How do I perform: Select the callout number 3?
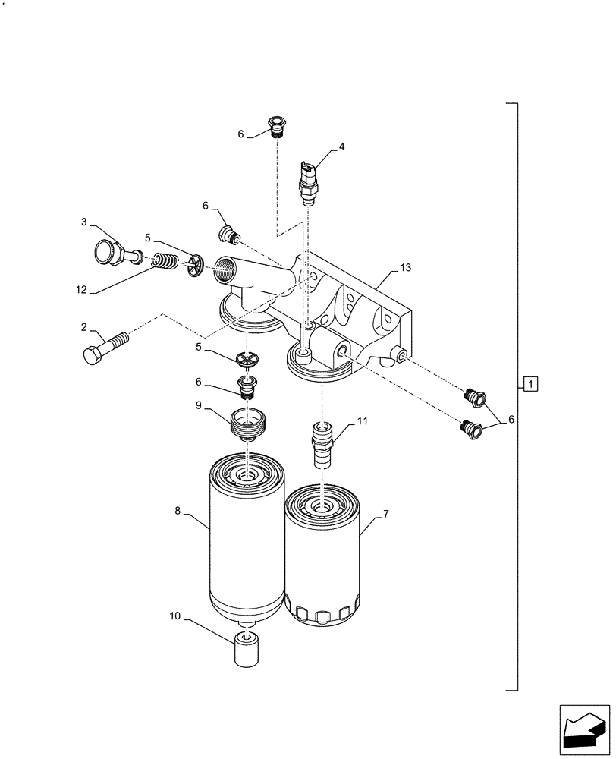click(x=84, y=222)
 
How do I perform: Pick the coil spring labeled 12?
click(x=162, y=263)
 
